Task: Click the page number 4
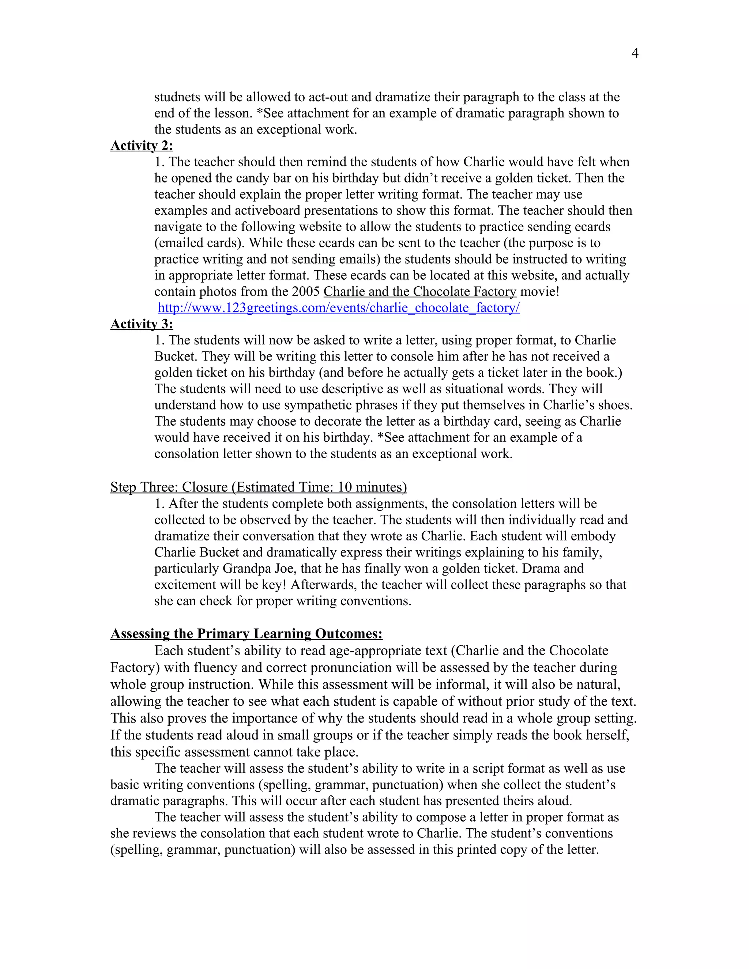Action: [635, 54]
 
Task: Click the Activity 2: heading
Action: [142, 146]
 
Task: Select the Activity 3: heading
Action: [142, 324]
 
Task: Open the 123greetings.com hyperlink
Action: [339, 308]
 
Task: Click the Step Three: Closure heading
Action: [258, 487]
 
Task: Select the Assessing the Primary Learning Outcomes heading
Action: [246, 634]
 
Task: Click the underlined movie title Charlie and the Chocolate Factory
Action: [420, 291]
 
